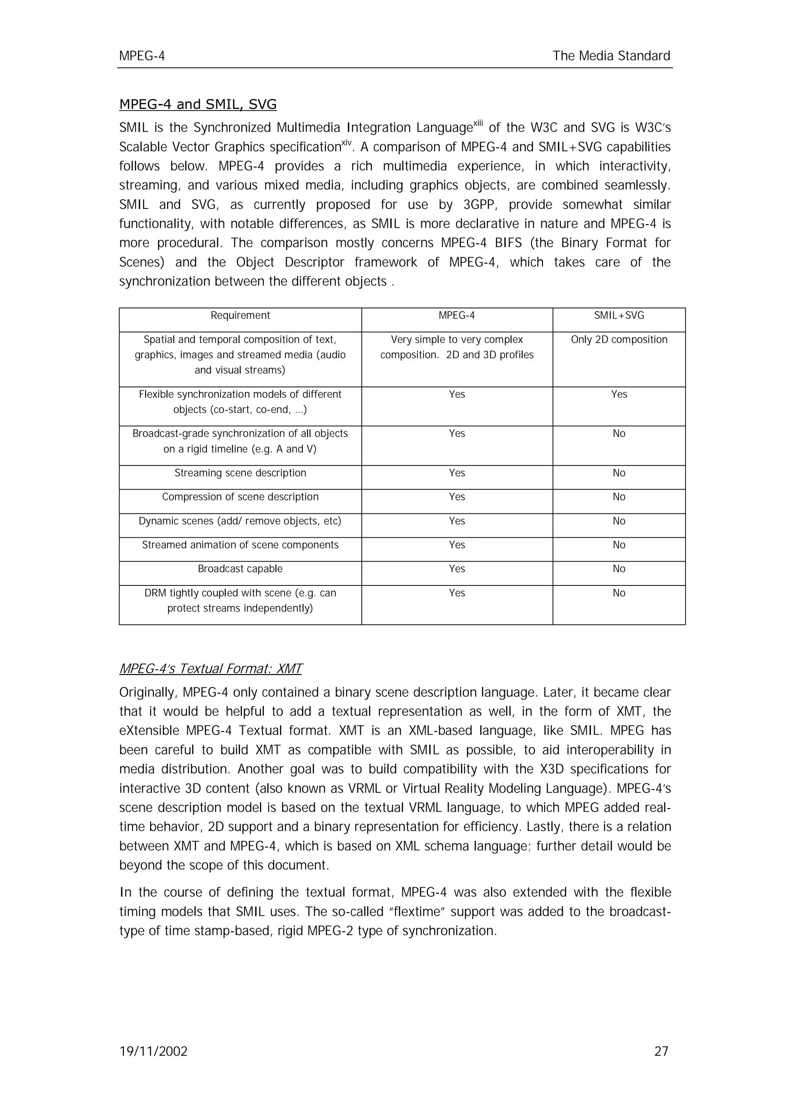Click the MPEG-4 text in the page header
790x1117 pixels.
pyautogui.click(x=142, y=56)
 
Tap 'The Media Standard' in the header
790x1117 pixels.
pyautogui.click(x=611, y=56)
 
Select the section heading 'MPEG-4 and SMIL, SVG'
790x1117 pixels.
pyautogui.click(x=197, y=104)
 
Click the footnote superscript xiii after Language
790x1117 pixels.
pyautogui.click(x=479, y=124)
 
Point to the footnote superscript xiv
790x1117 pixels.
pyautogui.click(x=346, y=143)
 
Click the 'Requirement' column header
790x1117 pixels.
pyautogui.click(x=240, y=315)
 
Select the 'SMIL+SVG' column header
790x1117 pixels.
pyautogui.click(x=619, y=315)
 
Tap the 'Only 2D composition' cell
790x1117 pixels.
pyautogui.click(x=619, y=340)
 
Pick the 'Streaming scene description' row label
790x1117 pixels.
pyautogui.click(x=240, y=473)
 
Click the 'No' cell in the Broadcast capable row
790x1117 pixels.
pyautogui.click(x=619, y=569)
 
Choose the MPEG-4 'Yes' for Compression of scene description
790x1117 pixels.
pyautogui.click(x=457, y=497)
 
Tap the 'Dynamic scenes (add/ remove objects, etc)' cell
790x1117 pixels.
pyautogui.click(x=240, y=521)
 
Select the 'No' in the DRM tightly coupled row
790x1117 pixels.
pyautogui.click(x=619, y=593)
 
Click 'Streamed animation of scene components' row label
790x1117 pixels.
pyautogui.click(x=240, y=545)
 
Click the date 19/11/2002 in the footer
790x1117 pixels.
pyautogui.click(x=153, y=1051)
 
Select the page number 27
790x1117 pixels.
pyautogui.click(x=661, y=1051)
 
